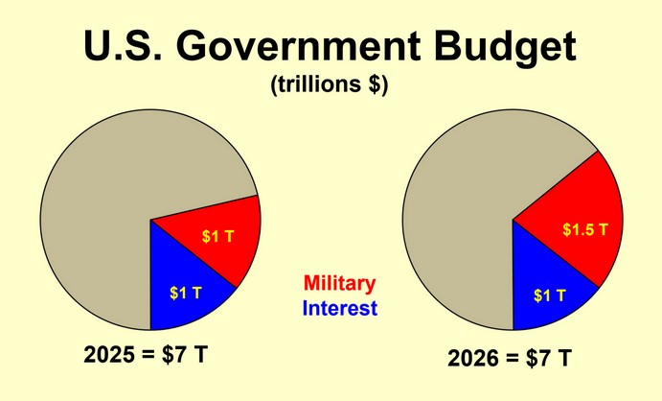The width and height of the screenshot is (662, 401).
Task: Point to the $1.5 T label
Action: [x=584, y=231]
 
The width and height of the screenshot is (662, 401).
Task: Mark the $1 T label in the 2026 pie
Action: [x=550, y=295]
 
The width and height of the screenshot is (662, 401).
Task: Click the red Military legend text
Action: [x=339, y=285]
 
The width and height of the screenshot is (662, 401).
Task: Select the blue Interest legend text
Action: [x=339, y=309]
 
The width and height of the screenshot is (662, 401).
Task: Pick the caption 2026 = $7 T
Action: [x=510, y=359]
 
